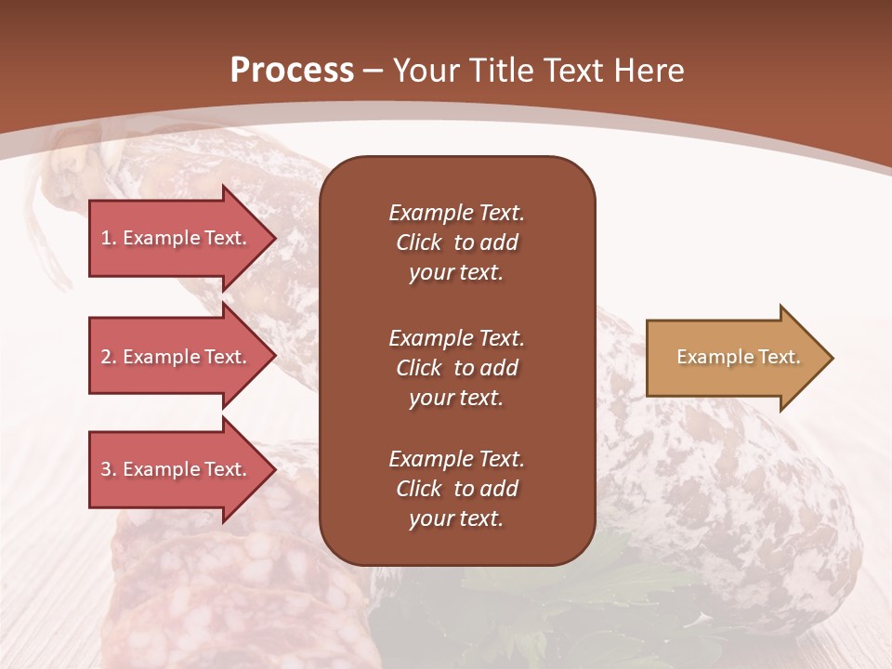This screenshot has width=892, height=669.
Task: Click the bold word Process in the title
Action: (x=292, y=71)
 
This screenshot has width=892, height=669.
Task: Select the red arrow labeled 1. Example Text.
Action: (x=177, y=238)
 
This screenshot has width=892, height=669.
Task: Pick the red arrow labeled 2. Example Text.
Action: (x=177, y=357)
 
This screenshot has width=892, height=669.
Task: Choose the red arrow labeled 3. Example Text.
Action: (x=177, y=469)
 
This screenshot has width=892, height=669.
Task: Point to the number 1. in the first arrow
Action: (x=109, y=238)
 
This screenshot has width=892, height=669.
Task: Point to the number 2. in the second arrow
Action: (x=109, y=357)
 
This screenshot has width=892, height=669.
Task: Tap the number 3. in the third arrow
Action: (x=109, y=469)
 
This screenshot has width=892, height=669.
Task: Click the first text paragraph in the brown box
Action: (x=456, y=243)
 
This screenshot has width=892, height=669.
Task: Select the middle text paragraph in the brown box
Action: (x=456, y=368)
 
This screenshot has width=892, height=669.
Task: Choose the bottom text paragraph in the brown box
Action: (x=456, y=489)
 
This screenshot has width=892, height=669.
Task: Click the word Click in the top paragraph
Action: (x=419, y=243)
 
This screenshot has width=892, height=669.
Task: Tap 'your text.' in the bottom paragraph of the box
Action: (x=456, y=518)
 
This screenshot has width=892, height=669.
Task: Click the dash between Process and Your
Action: (x=374, y=71)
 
